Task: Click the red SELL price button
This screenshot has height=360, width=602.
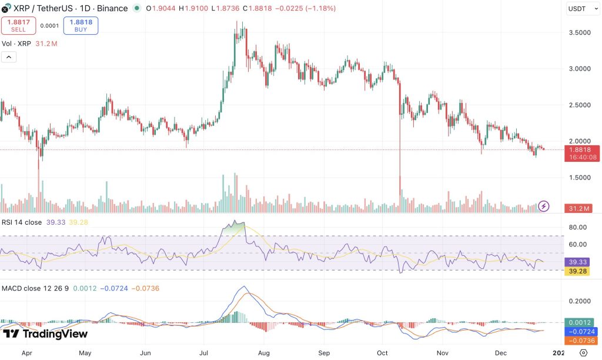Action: (18, 25)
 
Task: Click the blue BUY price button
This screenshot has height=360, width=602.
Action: (81, 25)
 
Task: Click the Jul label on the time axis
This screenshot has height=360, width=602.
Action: (204, 353)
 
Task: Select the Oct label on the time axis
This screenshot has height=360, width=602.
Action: (383, 353)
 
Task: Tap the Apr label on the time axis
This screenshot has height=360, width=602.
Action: (26, 353)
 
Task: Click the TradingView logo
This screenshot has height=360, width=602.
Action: (45, 334)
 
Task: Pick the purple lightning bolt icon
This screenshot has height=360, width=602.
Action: (544, 206)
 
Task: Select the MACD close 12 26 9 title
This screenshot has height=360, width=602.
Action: (35, 288)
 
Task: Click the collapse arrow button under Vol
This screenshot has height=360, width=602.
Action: (9, 57)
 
